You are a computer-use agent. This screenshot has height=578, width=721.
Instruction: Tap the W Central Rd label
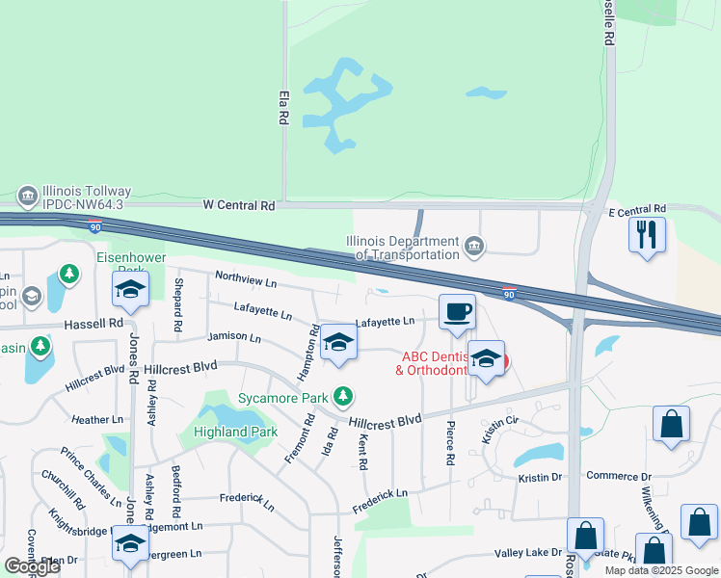coord(239,205)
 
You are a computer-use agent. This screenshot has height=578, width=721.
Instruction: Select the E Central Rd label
coord(637,209)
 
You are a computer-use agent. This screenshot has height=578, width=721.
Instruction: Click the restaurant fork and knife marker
coord(647,234)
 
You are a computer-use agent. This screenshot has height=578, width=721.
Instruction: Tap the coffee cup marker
coord(458,311)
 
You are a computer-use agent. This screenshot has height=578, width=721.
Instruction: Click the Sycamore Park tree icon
coord(342,396)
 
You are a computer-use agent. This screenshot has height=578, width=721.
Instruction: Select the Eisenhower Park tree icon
coord(69,275)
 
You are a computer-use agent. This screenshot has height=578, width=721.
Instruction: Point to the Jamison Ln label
coord(233,338)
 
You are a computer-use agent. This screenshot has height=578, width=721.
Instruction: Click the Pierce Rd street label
coord(449,443)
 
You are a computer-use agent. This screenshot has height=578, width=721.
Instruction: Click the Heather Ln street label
coord(97,420)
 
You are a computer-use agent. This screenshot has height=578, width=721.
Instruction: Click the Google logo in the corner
coord(33,566)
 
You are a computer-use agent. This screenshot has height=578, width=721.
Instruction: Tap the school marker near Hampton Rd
coord(338,344)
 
